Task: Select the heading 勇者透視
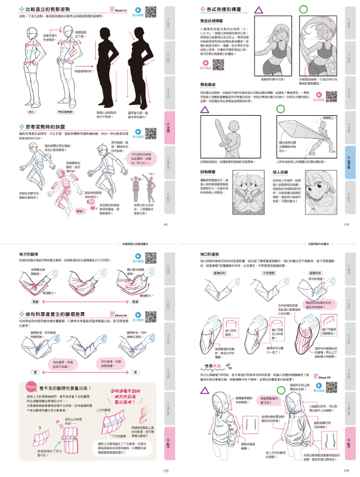click(209, 85)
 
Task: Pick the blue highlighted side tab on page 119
click(351, 161)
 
